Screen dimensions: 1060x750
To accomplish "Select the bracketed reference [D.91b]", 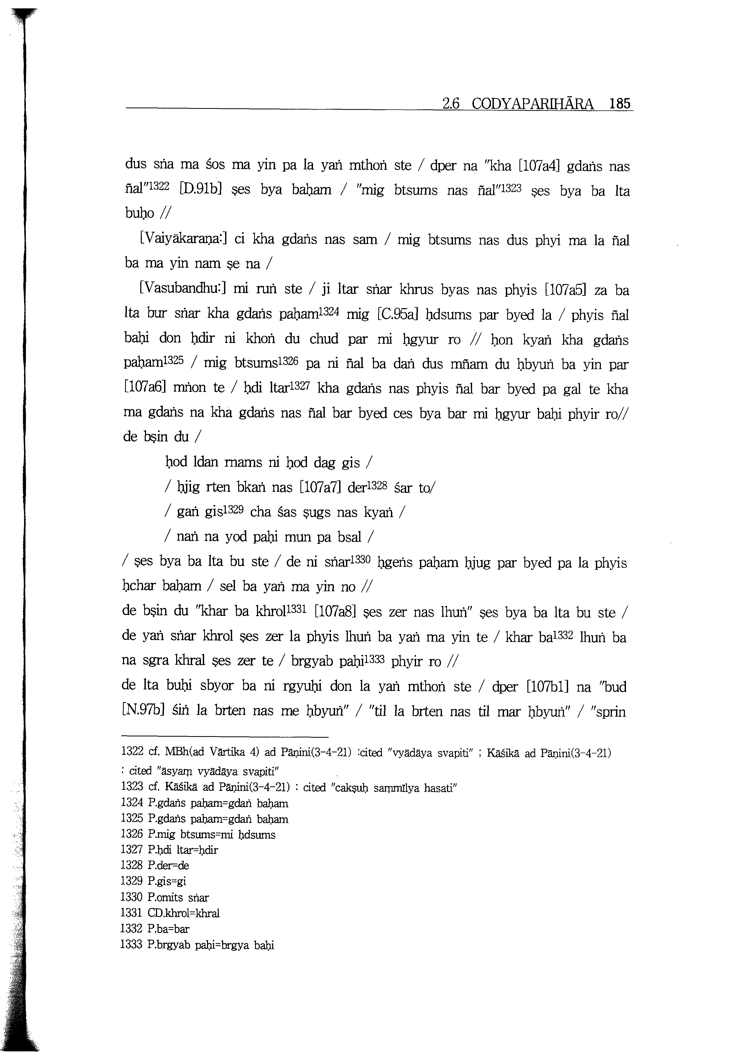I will pos(203,190).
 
